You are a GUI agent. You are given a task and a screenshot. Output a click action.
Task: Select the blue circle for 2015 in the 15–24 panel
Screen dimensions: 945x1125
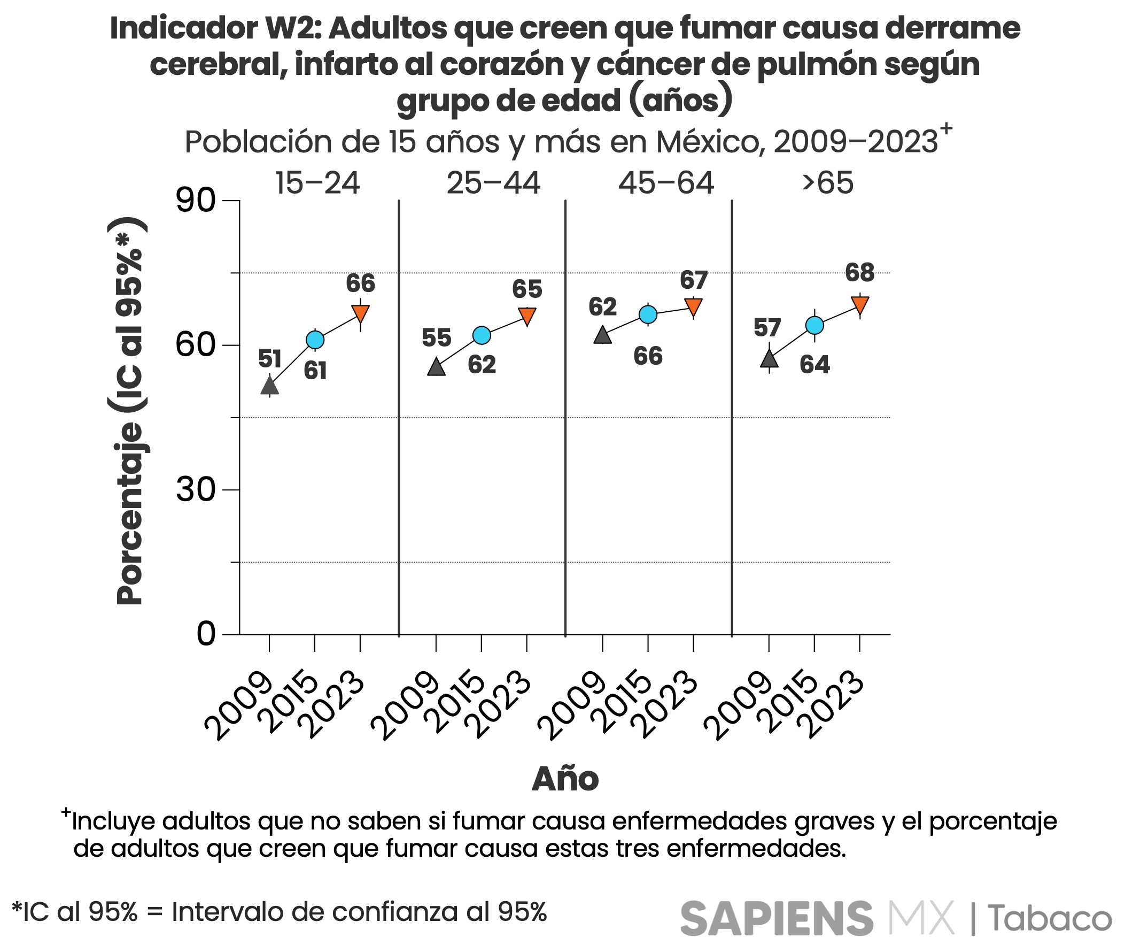pyautogui.click(x=315, y=340)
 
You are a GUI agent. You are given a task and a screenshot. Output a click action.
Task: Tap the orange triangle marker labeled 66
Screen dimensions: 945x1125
pyautogui.click(x=360, y=312)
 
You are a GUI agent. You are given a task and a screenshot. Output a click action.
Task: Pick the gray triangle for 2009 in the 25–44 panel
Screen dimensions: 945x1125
pyautogui.click(x=437, y=368)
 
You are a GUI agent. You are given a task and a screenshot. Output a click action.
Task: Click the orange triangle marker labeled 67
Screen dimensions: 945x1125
pyautogui.click(x=693, y=306)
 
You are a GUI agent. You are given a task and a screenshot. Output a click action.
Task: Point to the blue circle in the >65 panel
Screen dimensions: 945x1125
pyautogui.click(x=814, y=325)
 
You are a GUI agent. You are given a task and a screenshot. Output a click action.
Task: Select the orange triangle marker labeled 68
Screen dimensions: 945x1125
pyautogui.click(x=860, y=304)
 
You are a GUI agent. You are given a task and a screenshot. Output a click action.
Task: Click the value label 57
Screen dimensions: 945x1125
pyautogui.click(x=767, y=328)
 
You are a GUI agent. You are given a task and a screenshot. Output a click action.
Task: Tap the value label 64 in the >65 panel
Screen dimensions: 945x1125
pyautogui.click(x=814, y=365)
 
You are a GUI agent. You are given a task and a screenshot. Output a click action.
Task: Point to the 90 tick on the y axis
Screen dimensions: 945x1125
pyautogui.click(x=196, y=201)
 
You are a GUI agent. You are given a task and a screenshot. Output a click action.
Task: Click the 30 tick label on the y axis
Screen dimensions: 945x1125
pyautogui.click(x=196, y=490)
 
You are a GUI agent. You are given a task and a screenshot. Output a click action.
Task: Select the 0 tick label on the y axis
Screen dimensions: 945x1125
pyautogui.click(x=206, y=634)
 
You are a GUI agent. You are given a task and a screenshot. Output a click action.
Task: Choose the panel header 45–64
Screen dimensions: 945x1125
pyautogui.click(x=666, y=183)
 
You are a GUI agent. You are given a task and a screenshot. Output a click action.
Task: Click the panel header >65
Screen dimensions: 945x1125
pyautogui.click(x=827, y=183)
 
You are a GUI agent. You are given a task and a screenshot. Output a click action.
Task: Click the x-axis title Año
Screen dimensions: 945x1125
pyautogui.click(x=565, y=779)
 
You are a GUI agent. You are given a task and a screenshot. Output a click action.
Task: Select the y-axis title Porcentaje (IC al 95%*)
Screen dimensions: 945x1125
pyautogui.click(x=129, y=411)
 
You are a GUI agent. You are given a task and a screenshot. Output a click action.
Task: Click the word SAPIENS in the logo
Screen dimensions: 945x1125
pyautogui.click(x=777, y=919)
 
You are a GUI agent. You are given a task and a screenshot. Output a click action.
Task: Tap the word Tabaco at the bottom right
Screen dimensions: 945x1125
pyautogui.click(x=1050, y=919)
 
